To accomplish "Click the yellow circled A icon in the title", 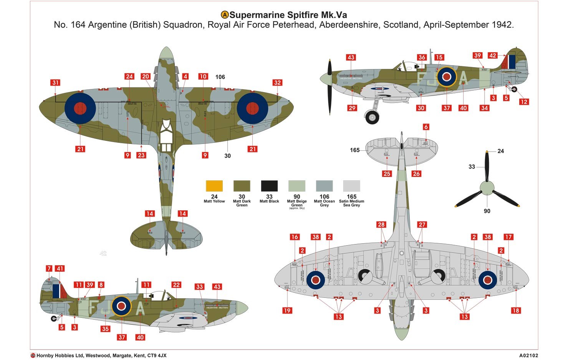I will (x=225, y=15).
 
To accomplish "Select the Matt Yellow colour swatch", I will (x=214, y=186).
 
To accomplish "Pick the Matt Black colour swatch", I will (x=269, y=186).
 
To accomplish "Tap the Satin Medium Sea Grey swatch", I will (x=351, y=186).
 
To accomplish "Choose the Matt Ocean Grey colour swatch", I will (x=324, y=186).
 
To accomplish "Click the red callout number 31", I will (x=56, y=83).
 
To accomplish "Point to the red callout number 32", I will (x=277, y=83).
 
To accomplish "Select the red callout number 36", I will (x=422, y=57).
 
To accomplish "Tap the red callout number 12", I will (x=524, y=102).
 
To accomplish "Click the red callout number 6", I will (x=426, y=127).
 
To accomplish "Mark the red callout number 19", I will (x=287, y=310).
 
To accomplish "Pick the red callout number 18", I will (x=516, y=310).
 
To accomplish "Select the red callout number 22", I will (x=176, y=285).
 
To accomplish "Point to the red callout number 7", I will (x=49, y=269).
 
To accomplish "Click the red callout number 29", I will (x=352, y=108).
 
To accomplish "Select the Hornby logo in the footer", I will (x=33, y=356).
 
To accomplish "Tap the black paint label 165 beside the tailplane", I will (x=354, y=150).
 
